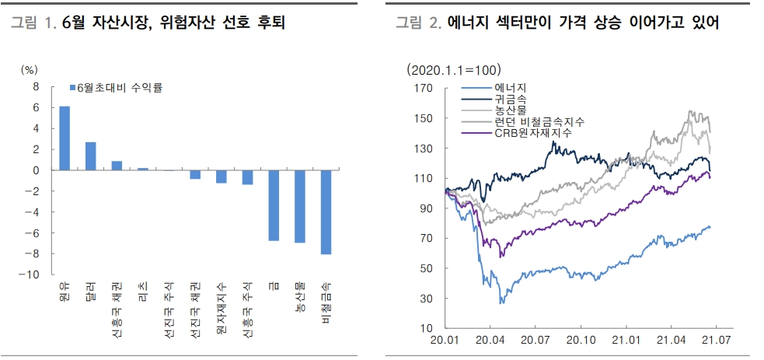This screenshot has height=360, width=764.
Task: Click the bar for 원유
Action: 65,138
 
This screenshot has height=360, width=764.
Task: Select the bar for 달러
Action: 91,156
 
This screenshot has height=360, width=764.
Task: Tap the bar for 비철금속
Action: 326,211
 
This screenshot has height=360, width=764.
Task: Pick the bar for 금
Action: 274,205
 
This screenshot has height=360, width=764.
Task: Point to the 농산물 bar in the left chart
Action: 299,206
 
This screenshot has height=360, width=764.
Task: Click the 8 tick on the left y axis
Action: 36,86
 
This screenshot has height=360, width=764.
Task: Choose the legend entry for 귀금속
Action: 511,100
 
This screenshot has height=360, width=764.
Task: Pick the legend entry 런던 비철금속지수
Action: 539,122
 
